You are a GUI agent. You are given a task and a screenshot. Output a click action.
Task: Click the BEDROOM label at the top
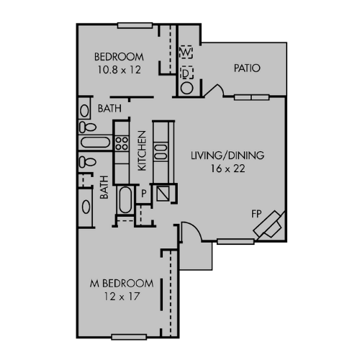pyautogui.click(x=120, y=57)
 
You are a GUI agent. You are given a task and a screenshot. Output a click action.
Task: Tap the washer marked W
pyautogui.click(x=186, y=53)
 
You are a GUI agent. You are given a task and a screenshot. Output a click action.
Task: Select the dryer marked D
pyautogui.click(x=186, y=72)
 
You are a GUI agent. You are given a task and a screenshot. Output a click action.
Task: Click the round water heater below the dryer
pyautogui.click(x=186, y=88)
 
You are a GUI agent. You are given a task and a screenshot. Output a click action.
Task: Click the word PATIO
pyautogui.click(x=247, y=68)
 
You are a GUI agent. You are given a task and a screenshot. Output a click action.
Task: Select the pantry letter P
pyautogui.click(x=144, y=193)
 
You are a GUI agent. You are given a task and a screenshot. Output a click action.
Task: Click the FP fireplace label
pyautogui.click(x=256, y=213)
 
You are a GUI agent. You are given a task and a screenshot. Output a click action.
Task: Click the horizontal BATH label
pyautogui.click(x=109, y=109)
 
